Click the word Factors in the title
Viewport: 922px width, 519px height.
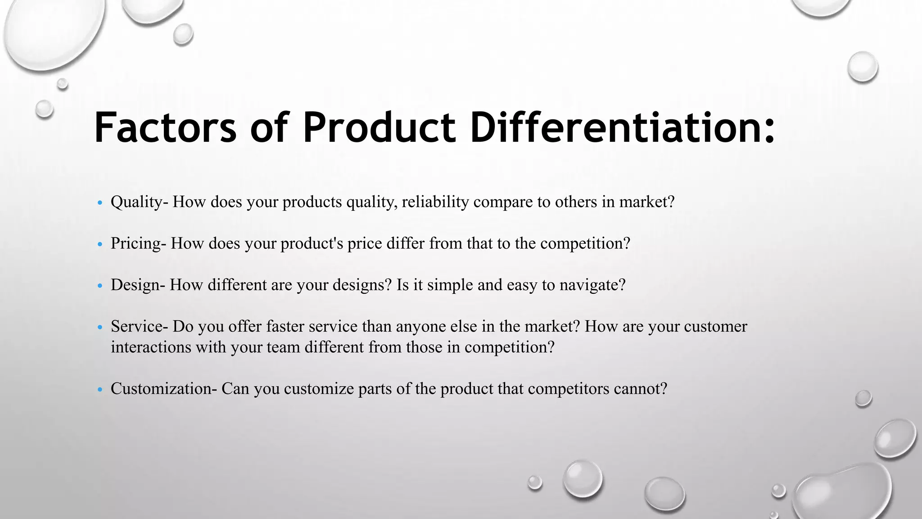[165, 128]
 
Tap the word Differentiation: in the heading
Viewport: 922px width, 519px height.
[623, 128]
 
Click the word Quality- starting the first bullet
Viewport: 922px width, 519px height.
[139, 202]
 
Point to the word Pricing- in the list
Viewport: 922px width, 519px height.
[138, 243]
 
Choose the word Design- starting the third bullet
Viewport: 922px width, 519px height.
[138, 285]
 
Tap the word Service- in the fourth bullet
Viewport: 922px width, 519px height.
[139, 326]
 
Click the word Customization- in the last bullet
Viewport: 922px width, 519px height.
[163, 388]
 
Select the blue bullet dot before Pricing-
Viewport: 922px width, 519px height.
[100, 244]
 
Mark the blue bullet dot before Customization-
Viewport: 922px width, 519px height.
[100, 389]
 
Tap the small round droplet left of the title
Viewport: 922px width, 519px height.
[44, 109]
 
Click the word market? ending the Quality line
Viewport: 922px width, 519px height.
[646, 202]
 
